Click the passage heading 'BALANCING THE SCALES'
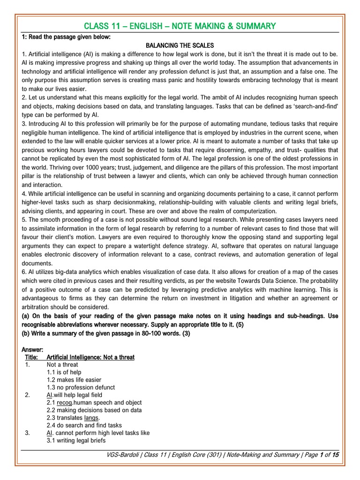tap(180, 45)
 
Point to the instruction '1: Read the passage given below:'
tap(69, 37)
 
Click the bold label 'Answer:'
tap(32, 350)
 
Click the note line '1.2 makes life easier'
tap(74, 380)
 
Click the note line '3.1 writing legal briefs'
tap(76, 441)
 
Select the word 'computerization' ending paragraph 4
tap(254, 211)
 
